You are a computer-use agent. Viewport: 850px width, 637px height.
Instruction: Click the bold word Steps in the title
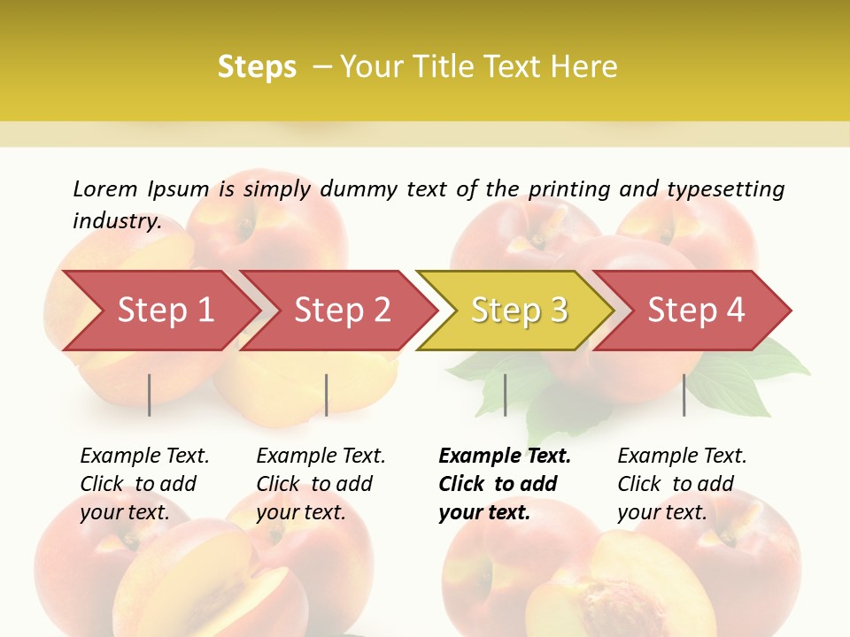(257, 67)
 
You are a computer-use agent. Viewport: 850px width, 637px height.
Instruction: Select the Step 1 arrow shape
(164, 311)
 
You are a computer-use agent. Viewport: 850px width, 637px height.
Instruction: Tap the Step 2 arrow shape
(341, 311)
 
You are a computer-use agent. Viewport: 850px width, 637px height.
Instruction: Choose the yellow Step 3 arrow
(518, 311)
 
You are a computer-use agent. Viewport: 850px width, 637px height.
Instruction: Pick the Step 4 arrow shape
(695, 311)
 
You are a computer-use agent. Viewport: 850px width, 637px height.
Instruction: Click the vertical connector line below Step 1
(150, 395)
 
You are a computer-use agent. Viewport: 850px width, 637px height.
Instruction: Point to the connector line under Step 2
(327, 395)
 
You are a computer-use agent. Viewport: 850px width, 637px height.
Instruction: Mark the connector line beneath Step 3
(505, 395)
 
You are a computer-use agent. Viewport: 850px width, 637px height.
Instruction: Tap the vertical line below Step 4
(684, 395)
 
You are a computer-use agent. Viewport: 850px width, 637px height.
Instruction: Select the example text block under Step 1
(144, 484)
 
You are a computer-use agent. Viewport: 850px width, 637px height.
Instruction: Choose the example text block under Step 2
(321, 484)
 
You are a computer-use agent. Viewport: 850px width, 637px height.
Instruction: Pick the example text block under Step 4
(682, 484)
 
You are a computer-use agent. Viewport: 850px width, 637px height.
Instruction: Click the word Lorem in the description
(105, 188)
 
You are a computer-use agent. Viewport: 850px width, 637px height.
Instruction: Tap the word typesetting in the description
(725, 189)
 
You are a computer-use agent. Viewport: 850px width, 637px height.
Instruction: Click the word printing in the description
(570, 189)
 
